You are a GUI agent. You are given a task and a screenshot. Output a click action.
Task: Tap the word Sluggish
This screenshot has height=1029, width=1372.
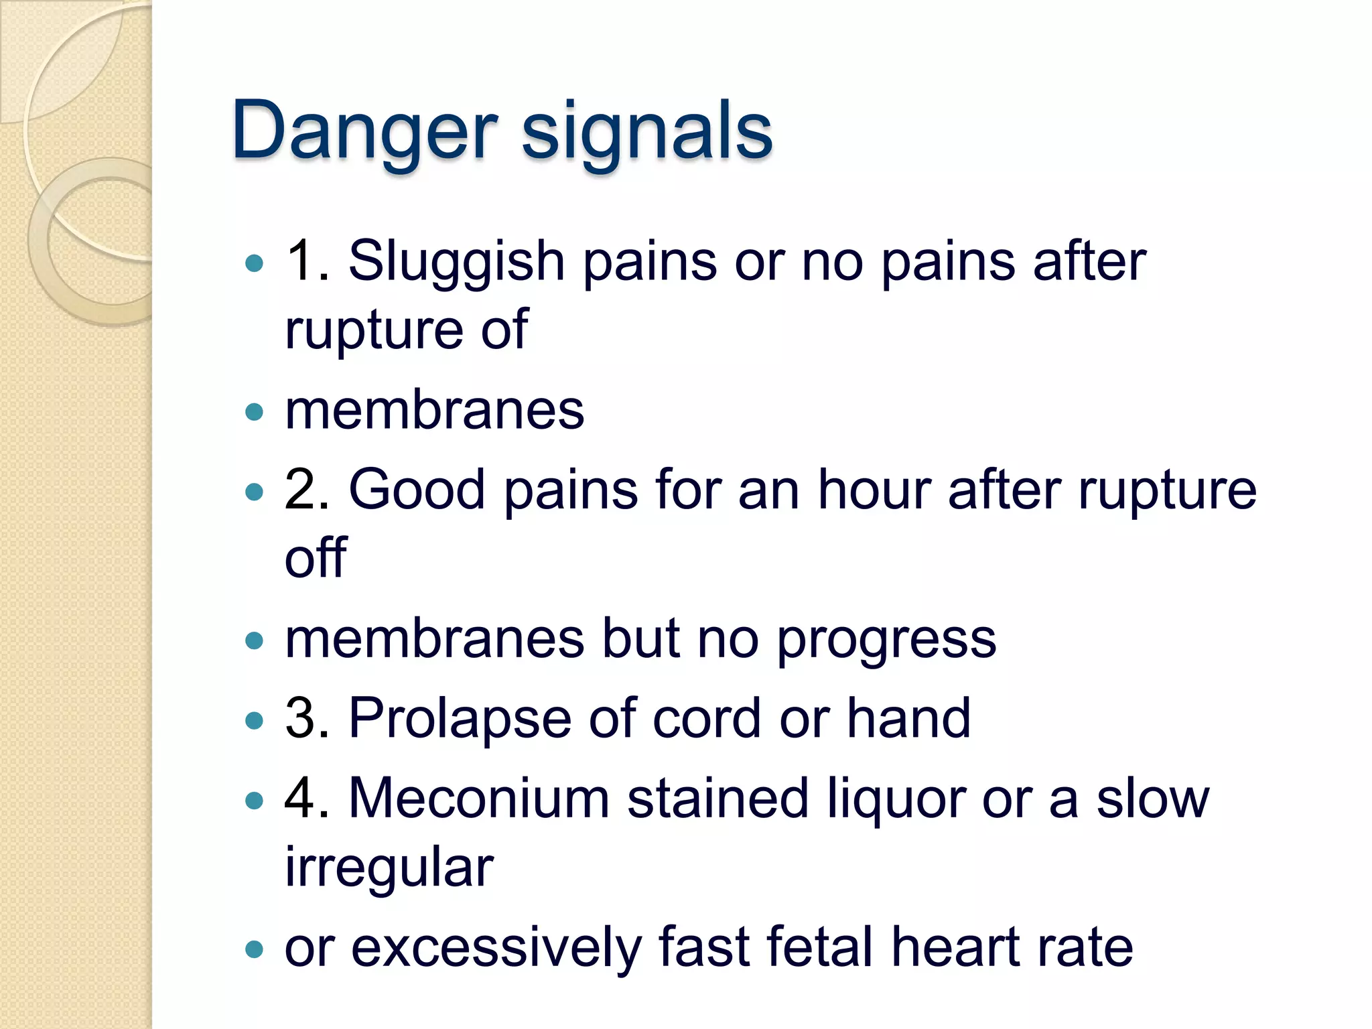pos(456,261)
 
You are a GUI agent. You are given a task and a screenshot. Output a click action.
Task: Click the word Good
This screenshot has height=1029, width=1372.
pos(417,490)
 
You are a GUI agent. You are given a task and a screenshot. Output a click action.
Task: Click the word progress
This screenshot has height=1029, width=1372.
pos(886,640)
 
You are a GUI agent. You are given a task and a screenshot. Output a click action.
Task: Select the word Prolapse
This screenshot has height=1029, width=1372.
pos(460,719)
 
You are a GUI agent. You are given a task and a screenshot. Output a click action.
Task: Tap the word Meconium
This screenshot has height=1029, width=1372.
pos(479,799)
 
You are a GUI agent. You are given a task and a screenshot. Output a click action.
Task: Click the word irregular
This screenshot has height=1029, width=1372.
pos(389,868)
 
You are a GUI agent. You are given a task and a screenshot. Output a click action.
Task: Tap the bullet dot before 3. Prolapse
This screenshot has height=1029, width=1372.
pos(255,721)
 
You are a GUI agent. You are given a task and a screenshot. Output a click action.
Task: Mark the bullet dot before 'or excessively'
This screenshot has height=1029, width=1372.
pos(255,949)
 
